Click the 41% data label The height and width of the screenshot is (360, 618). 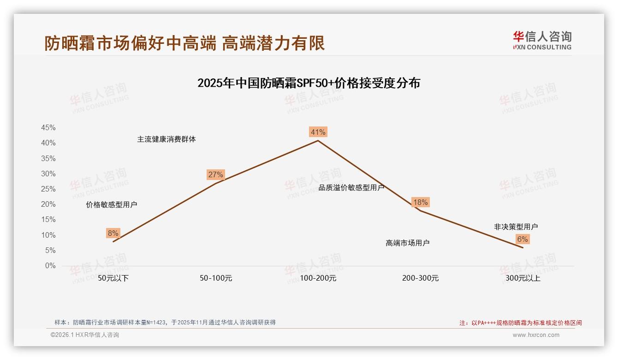318,132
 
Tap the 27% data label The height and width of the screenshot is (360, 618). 215,174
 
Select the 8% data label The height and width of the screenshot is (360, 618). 113,234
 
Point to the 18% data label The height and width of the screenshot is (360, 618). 420,202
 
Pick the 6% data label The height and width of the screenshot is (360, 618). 523,239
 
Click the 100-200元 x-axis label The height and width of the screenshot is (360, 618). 318,278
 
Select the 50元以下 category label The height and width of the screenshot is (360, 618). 113,278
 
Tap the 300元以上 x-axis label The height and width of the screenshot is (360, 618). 523,278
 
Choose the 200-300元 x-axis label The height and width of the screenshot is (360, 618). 420,278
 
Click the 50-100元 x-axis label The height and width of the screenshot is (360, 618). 216,278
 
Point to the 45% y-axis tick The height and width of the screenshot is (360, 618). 48,127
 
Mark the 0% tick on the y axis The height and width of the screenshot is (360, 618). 50,266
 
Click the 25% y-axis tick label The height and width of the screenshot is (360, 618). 48,189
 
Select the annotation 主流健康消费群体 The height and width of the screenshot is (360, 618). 166,139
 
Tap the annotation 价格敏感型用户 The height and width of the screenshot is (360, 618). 112,204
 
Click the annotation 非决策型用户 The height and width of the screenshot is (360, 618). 516,227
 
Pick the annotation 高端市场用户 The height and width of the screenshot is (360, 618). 408,243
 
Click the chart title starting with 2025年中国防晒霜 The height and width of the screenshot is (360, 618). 309,83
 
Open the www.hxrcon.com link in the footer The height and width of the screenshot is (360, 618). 536,335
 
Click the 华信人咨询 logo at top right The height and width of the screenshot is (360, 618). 542,40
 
